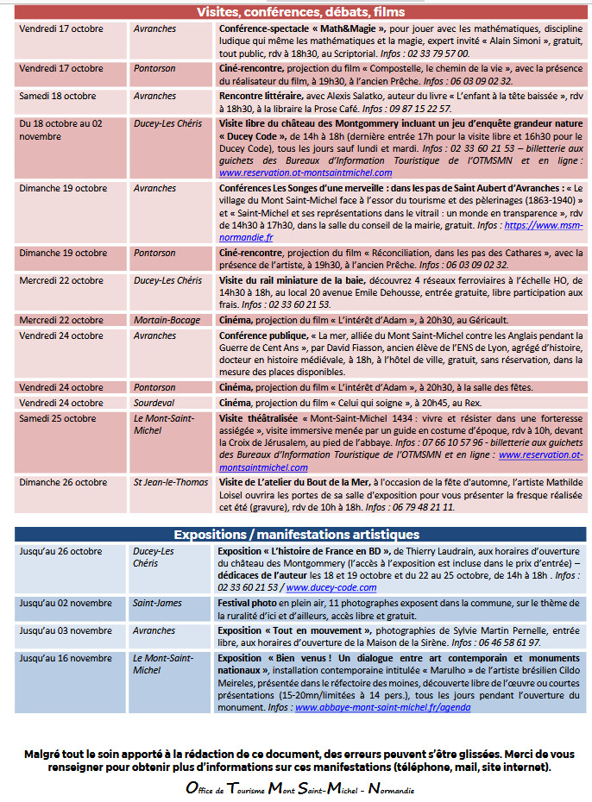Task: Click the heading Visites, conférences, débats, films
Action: (300, 12)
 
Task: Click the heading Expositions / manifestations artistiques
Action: (300, 534)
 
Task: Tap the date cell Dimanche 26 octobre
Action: (63, 482)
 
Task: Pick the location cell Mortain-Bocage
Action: (167, 320)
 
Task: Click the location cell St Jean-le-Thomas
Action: (171, 482)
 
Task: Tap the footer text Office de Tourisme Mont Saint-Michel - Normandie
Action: (300, 788)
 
